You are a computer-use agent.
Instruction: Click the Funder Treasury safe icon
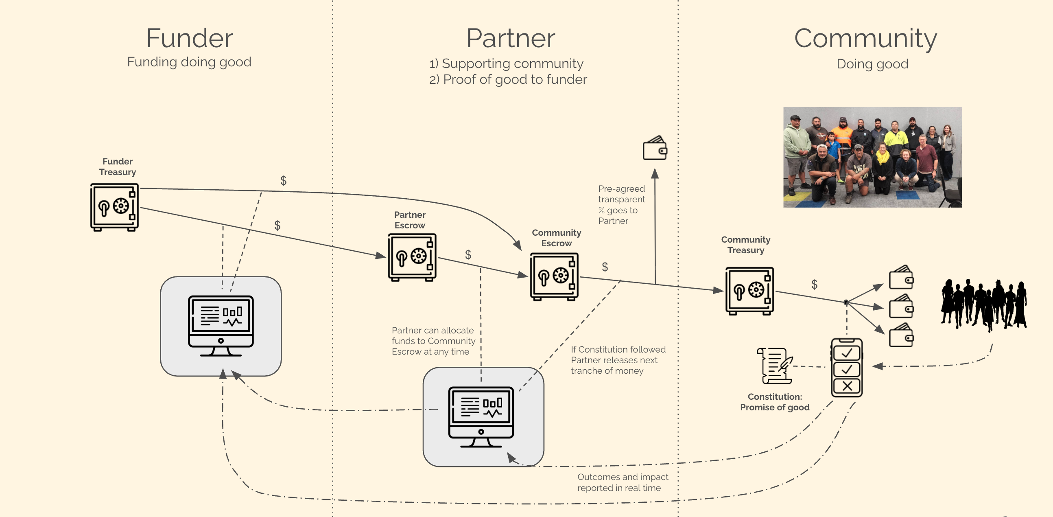114,207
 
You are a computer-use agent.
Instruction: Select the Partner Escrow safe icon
412,257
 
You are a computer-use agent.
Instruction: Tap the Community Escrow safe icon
554,276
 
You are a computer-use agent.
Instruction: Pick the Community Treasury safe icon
750,291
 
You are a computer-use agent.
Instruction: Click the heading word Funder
189,38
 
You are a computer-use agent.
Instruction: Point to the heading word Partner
511,38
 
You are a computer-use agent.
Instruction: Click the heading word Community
865,38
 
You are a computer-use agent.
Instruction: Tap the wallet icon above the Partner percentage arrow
655,148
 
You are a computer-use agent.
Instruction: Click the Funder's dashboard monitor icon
221,326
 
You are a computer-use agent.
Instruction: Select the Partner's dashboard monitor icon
481,417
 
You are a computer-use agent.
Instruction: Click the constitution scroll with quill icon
775,366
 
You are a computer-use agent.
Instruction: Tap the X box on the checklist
847,386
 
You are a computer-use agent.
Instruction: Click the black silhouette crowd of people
983,305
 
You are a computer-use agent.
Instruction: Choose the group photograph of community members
872,158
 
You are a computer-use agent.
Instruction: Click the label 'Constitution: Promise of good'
775,402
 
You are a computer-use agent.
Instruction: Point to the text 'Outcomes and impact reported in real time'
622,482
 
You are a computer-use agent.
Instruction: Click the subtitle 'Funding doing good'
189,62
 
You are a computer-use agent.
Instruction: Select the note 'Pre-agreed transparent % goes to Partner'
621,204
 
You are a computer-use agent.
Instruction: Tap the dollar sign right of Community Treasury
814,284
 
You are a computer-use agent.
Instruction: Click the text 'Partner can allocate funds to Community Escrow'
433,341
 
